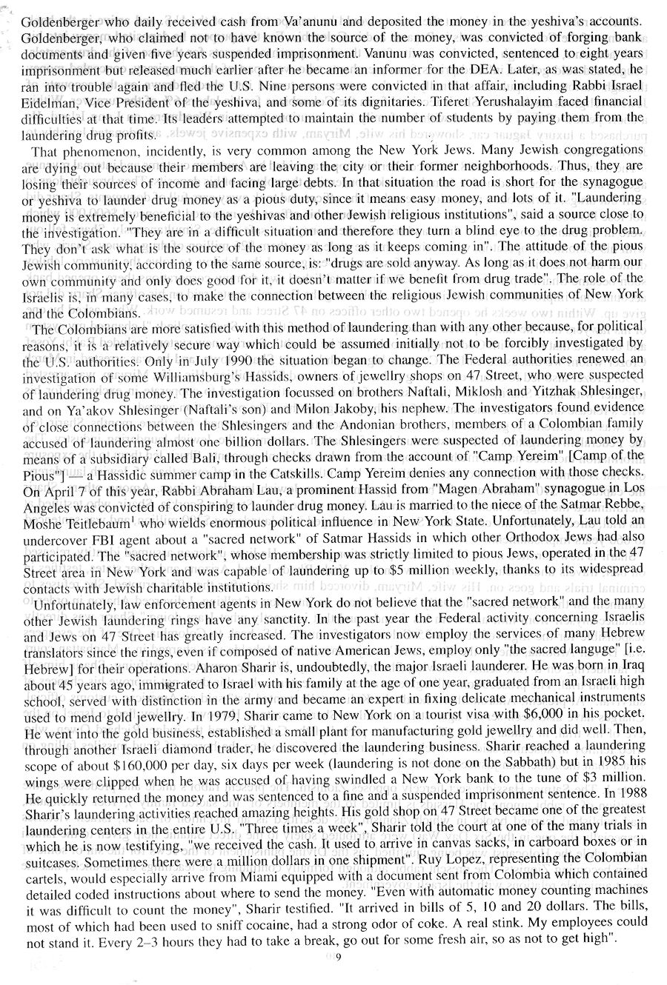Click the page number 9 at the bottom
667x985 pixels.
337,961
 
